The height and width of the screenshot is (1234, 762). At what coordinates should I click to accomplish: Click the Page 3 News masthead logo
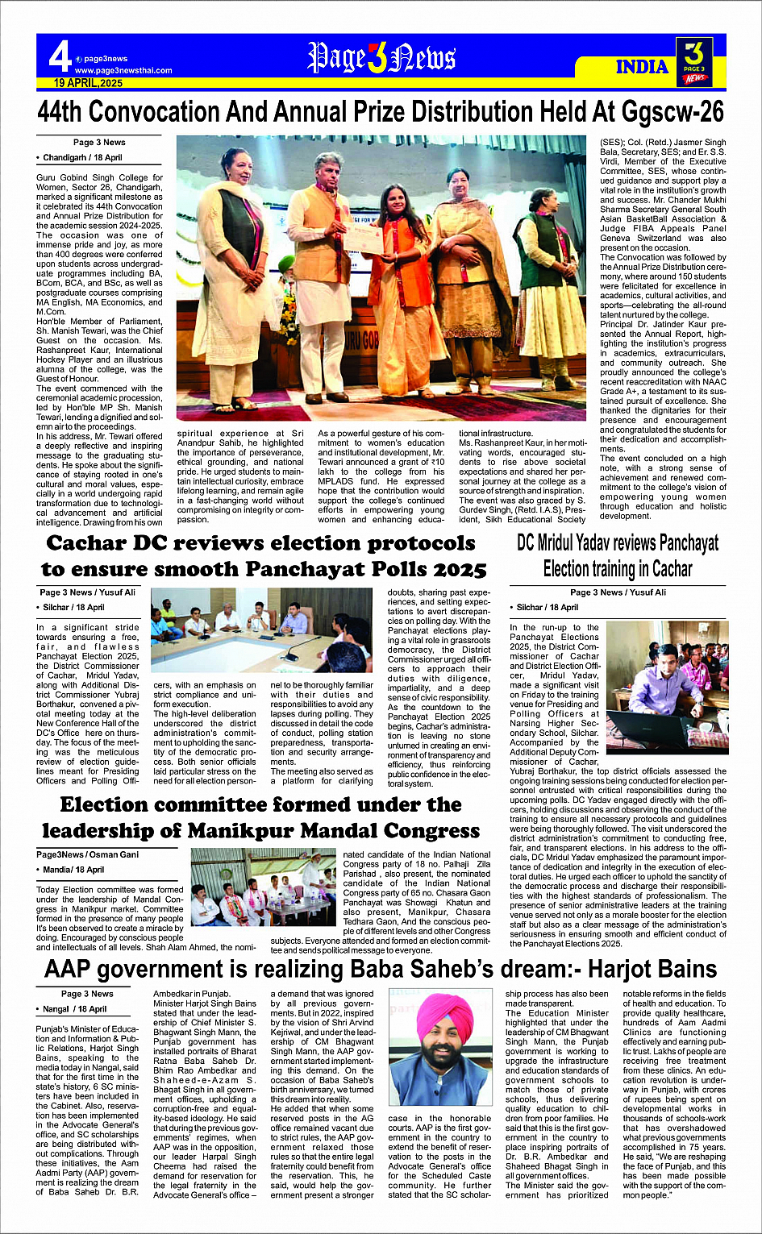[x=381, y=59]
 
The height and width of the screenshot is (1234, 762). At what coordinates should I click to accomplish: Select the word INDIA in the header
[x=642, y=67]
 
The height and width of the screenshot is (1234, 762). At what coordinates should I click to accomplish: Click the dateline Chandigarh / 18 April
[x=82, y=158]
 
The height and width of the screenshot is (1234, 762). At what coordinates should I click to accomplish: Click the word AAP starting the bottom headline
[x=69, y=970]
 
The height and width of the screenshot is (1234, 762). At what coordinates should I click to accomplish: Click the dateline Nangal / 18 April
[x=74, y=1009]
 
